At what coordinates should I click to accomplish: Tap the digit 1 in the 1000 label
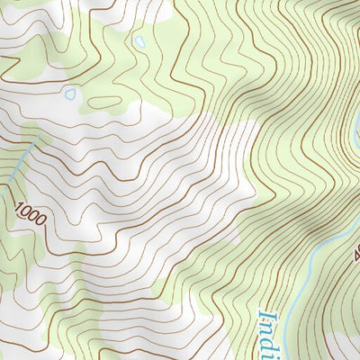pyautogui.click(x=18, y=208)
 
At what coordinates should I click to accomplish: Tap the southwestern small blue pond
pyautogui.click(x=70, y=92)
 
